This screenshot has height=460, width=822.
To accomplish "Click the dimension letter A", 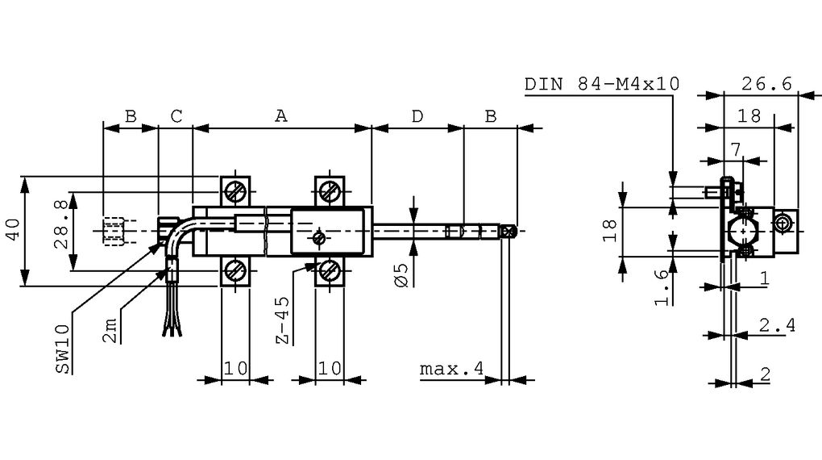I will click(280, 116).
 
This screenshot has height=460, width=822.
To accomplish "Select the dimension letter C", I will click(176, 116).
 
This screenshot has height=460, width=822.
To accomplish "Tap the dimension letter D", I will click(417, 116).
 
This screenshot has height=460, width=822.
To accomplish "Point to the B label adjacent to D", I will click(490, 116).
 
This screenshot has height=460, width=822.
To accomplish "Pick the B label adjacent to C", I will click(130, 116).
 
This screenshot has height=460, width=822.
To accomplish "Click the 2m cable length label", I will click(110, 331).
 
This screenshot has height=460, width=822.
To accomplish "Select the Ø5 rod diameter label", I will click(403, 273).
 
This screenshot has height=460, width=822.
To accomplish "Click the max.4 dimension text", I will click(451, 369).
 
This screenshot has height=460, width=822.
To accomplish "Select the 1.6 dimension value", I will click(660, 286).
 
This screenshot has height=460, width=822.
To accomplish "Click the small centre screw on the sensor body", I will click(319, 238).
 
